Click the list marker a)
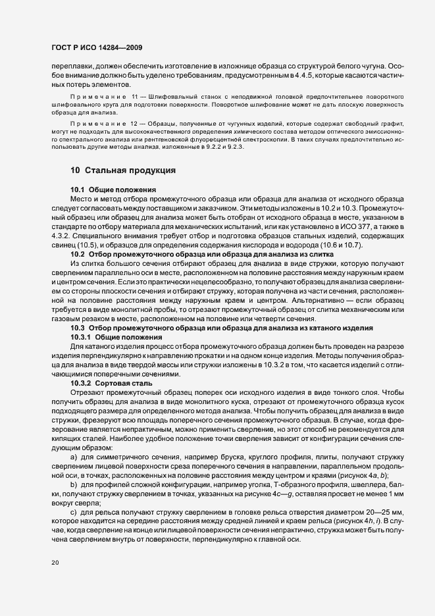point(74,456)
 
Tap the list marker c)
point(74,511)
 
